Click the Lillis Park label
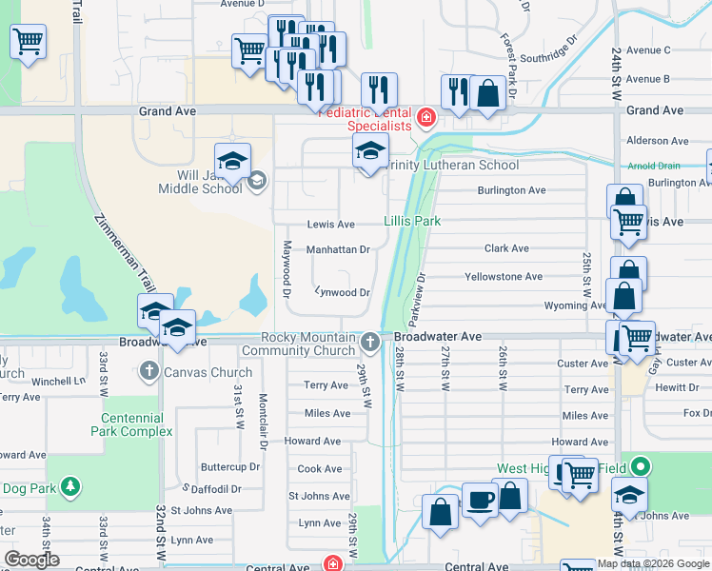coord(412,221)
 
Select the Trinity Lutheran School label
coord(453,165)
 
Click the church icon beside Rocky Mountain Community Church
coord(371,341)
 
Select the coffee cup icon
coord(480,500)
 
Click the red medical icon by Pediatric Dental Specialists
coord(425,118)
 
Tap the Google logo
coord(31,560)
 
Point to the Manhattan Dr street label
coord(337,250)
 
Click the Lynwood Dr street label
coord(342,293)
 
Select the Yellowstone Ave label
coord(503,277)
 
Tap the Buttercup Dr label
coord(229,467)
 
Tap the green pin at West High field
coord(642,467)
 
